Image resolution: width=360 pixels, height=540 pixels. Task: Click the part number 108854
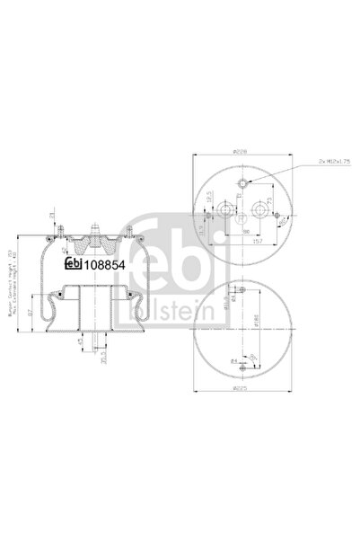point(104,263)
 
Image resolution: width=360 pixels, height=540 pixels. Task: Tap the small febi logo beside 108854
point(73,263)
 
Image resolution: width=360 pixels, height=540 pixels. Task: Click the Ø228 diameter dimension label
point(240,152)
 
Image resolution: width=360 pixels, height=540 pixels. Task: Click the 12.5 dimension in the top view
point(207,196)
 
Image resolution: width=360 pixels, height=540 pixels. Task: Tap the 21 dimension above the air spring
point(54,215)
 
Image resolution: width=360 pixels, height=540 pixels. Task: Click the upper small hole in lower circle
point(241,291)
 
